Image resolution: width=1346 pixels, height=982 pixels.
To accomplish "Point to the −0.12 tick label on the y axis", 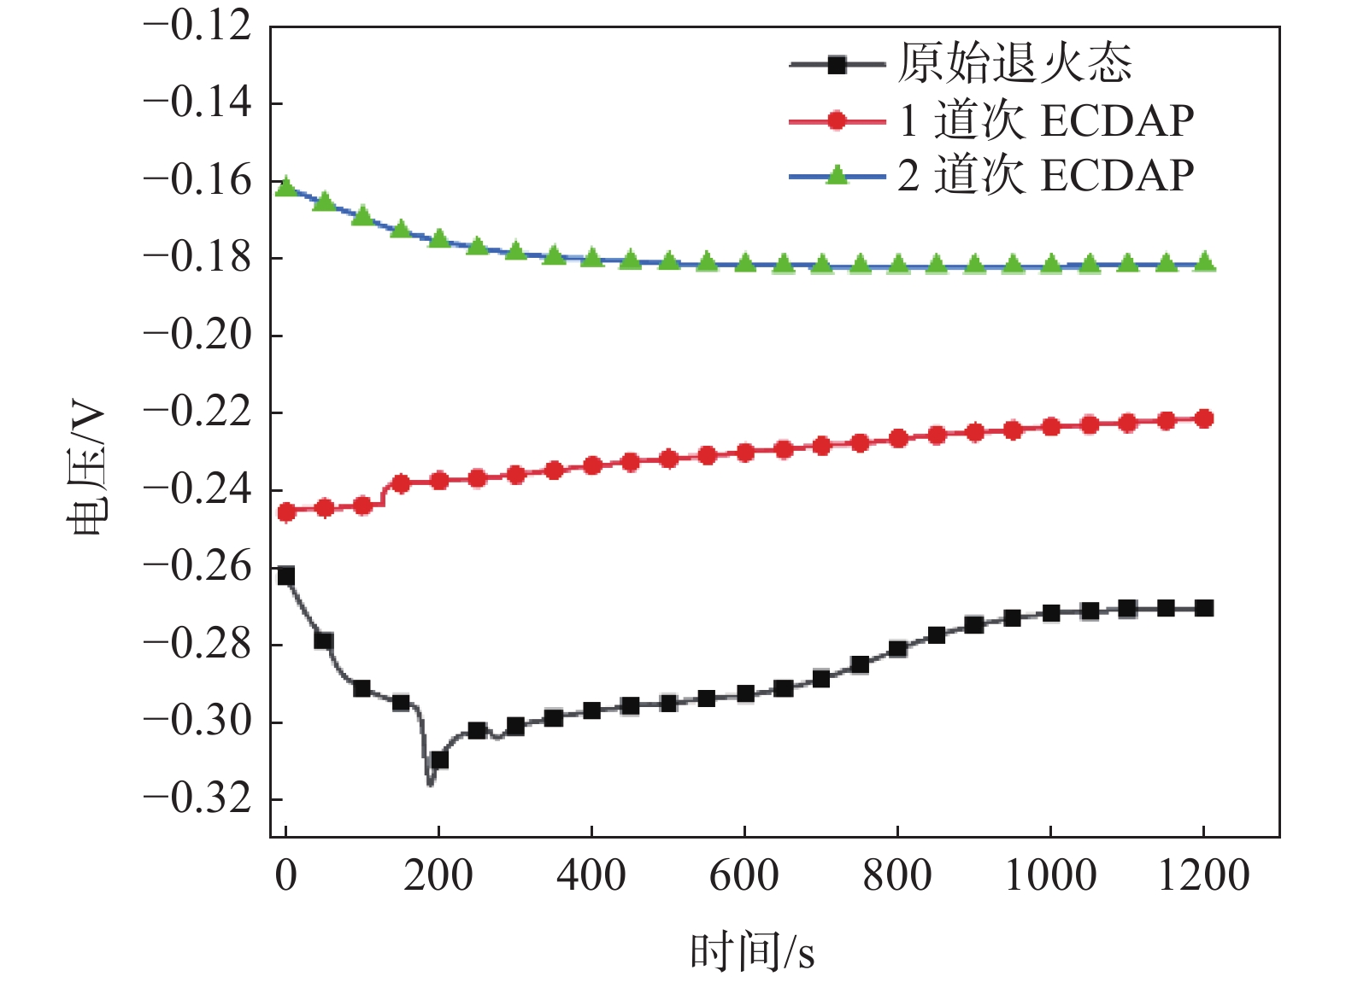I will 198,26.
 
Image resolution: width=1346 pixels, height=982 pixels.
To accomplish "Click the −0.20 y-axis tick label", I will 198,335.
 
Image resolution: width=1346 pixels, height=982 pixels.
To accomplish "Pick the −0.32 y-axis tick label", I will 198,799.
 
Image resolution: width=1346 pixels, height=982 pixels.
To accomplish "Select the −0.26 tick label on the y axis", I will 198,567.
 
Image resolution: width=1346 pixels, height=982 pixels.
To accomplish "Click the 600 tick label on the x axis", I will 744,876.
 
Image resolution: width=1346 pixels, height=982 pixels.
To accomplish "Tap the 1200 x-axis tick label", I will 1203,876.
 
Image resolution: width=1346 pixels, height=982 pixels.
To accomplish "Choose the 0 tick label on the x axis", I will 285,876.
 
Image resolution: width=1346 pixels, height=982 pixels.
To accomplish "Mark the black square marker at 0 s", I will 285,576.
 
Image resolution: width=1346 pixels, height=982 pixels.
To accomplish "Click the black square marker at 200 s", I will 439,759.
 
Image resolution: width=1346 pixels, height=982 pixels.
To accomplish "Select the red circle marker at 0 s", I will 286,512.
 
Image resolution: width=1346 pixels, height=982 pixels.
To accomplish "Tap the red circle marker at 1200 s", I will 1204,418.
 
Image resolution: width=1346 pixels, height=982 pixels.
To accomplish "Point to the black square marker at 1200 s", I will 1204,608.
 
